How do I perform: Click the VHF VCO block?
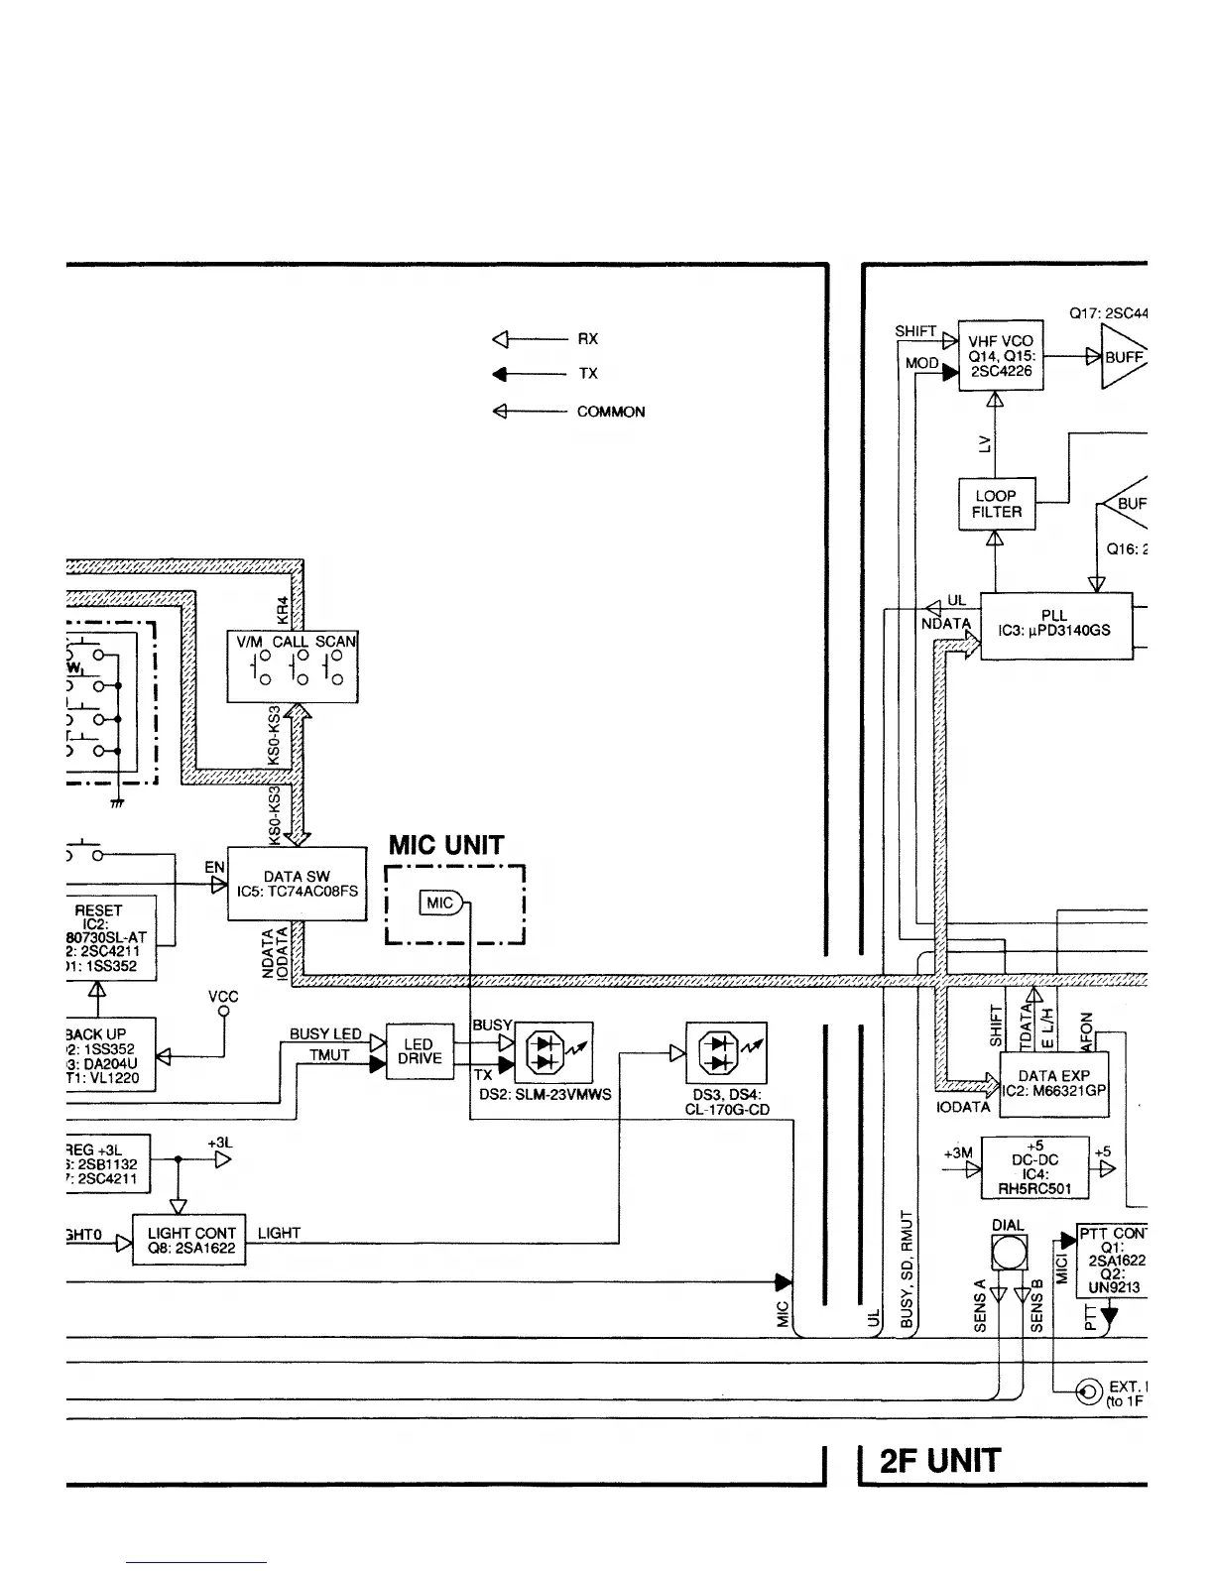pyautogui.click(x=1000, y=355)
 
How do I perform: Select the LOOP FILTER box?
pyautogui.click(x=996, y=504)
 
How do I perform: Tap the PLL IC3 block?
pyautogui.click(x=1055, y=625)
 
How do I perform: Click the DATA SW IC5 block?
pyautogui.click(x=297, y=884)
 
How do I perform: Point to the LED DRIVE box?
pyautogui.click(x=419, y=1051)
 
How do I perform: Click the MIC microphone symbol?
pyautogui.click(x=441, y=903)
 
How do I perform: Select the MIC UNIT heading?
pyautogui.click(x=445, y=846)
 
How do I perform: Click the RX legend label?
pyautogui.click(x=588, y=339)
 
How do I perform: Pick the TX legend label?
pyautogui.click(x=588, y=374)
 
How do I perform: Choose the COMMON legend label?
pyautogui.click(x=611, y=412)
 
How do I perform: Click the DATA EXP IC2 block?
pyautogui.click(x=1053, y=1083)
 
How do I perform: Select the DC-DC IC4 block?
pyautogui.click(x=1034, y=1167)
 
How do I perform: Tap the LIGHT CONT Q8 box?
pyautogui.click(x=190, y=1241)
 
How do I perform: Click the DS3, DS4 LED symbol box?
pyautogui.click(x=726, y=1053)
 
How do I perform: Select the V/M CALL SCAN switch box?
pyautogui.click(x=294, y=667)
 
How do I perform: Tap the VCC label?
pyautogui.click(x=224, y=997)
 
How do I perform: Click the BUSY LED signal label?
pyautogui.click(x=325, y=1033)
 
